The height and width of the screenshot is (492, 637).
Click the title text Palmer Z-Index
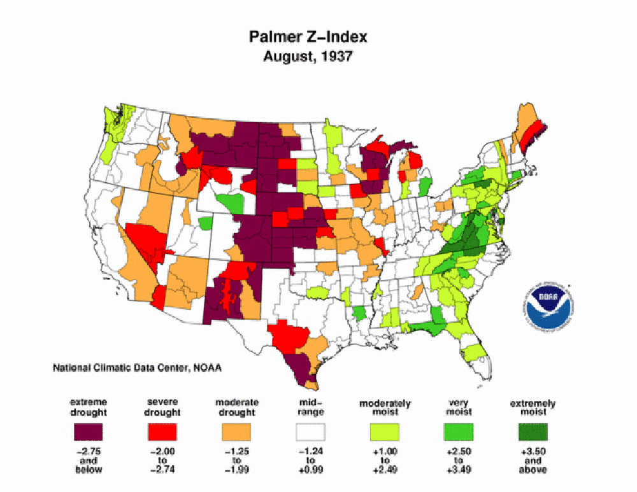[308, 38]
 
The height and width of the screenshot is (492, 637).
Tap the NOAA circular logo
[549, 305]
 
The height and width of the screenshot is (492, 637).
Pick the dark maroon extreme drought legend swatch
[89, 433]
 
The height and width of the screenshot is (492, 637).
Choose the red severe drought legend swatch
[163, 433]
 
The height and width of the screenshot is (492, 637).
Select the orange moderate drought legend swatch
[237, 433]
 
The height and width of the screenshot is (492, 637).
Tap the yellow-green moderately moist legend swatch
[385, 433]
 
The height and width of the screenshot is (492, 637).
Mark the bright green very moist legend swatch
[459, 433]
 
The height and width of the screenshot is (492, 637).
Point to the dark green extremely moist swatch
[533, 433]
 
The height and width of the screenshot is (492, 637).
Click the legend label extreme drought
[89, 407]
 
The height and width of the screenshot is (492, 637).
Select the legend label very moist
[459, 407]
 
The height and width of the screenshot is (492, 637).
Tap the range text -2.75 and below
[89, 461]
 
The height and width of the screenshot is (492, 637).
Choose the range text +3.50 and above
[533, 461]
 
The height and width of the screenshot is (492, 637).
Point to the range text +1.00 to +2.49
[385, 461]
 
